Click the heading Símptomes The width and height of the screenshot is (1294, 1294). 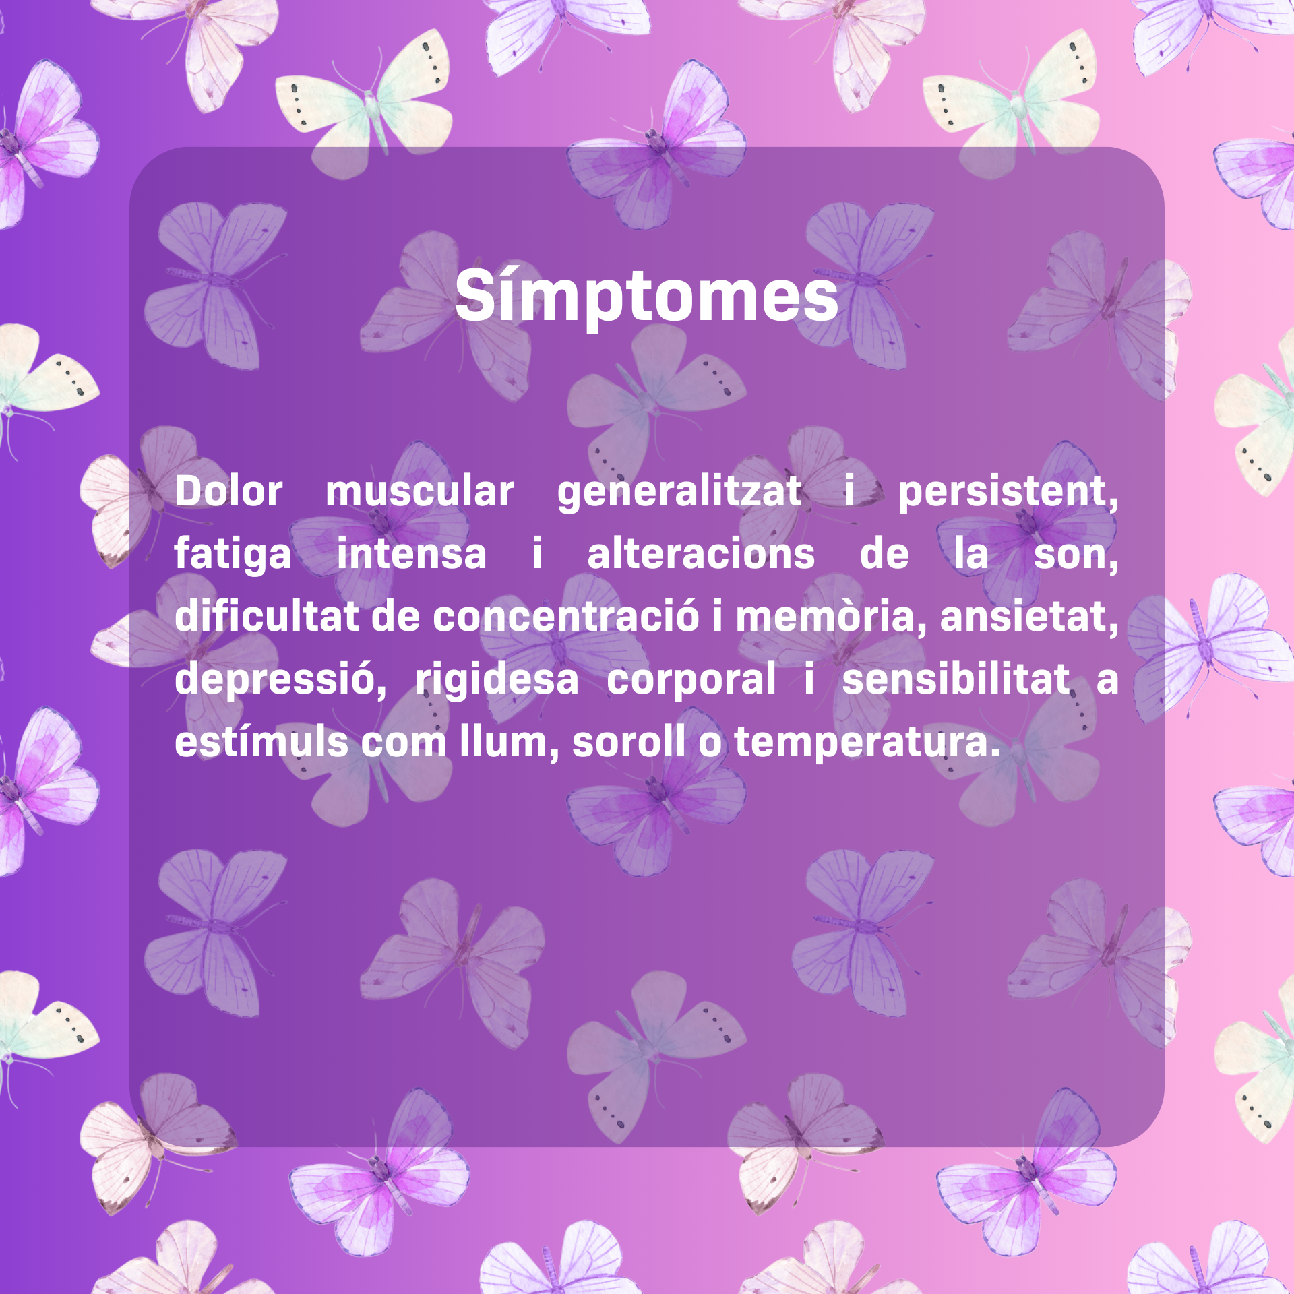pos(647,297)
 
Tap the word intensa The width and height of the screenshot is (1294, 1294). pos(411,554)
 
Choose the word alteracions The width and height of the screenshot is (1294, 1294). pos(701,554)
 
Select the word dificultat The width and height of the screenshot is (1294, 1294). pos(266,616)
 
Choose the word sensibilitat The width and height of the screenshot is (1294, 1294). pos(956,678)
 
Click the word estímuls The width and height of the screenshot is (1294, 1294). pos(261,741)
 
